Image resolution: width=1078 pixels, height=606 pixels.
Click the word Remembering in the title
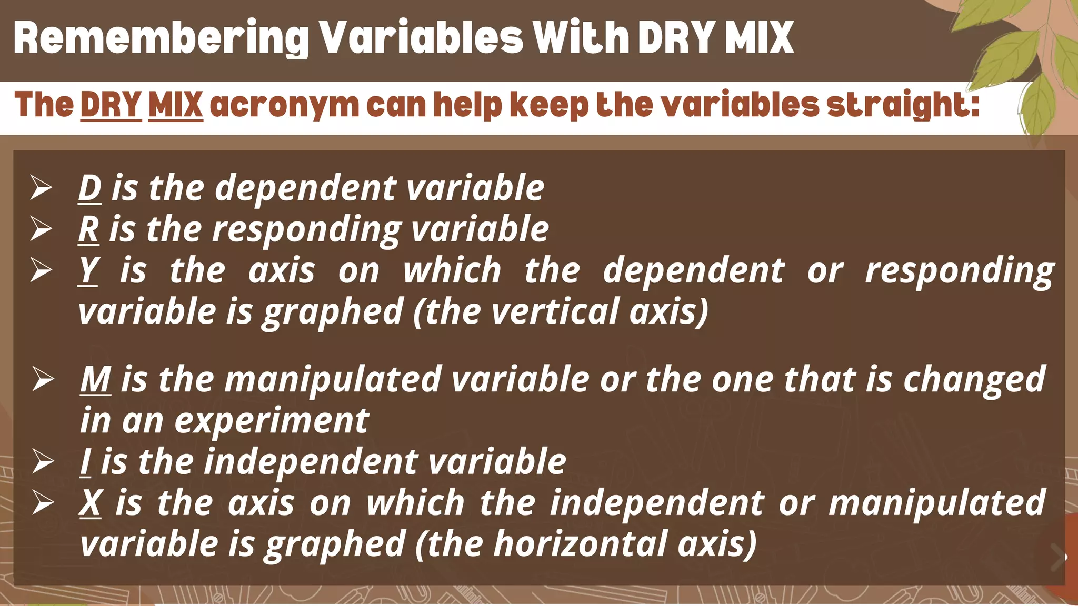pyautogui.click(x=161, y=38)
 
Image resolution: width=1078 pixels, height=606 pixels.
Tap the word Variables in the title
pyautogui.click(x=422, y=38)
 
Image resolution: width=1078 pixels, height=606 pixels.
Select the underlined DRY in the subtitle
pyautogui.click(x=111, y=105)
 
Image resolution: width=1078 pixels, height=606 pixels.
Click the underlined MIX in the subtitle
pyautogui.click(x=175, y=105)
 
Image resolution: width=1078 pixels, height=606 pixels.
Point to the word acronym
pyautogui.click(x=284, y=105)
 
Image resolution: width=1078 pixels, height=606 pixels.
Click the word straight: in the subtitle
pyautogui.click(x=902, y=105)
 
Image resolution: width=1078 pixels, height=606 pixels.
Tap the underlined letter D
pyautogui.click(x=89, y=188)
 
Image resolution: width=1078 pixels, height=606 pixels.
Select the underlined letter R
pyautogui.click(x=89, y=229)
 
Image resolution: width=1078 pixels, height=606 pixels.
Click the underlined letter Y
pyautogui.click(x=88, y=270)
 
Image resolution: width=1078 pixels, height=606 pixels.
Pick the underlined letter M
pyautogui.click(x=95, y=379)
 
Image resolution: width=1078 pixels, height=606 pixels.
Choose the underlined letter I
pyautogui.click(x=85, y=462)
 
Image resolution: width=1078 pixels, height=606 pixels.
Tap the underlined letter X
pyautogui.click(x=91, y=503)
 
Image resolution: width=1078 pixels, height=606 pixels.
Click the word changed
pyautogui.click(x=974, y=379)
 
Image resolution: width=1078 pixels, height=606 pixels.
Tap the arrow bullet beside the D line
pyautogui.click(x=41, y=188)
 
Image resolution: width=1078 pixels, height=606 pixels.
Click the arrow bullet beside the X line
pyautogui.click(x=42, y=503)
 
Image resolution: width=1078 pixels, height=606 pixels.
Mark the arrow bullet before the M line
pyautogui.click(x=42, y=379)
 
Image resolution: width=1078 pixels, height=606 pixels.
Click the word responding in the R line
pyautogui.click(x=306, y=230)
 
